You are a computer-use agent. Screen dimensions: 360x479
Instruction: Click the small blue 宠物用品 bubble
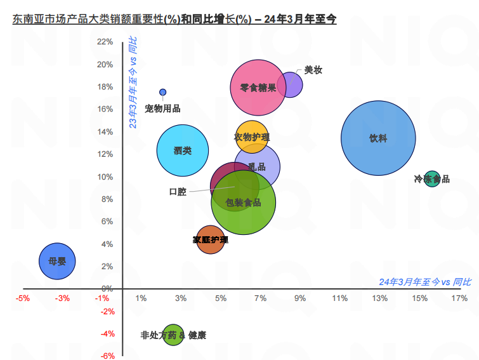(163, 92)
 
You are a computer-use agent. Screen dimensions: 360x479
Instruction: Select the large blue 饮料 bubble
(378, 138)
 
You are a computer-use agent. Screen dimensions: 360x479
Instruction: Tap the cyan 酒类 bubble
(183, 150)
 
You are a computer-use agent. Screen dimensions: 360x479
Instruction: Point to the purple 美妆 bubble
(292, 84)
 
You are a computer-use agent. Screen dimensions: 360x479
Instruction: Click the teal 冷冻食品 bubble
(432, 179)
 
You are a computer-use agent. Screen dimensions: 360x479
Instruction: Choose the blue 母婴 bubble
(57, 261)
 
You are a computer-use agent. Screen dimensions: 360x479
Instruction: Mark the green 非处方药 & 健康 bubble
(173, 335)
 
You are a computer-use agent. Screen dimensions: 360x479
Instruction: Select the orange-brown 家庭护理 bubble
(210, 240)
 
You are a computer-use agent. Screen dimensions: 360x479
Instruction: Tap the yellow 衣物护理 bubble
(252, 137)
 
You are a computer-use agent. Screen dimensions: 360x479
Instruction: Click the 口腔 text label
(178, 192)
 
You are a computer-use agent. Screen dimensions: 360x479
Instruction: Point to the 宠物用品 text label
(162, 109)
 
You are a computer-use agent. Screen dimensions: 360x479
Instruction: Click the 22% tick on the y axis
(105, 42)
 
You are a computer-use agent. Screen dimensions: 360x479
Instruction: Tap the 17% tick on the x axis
(459, 298)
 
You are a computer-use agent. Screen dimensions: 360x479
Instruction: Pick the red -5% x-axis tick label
(23, 298)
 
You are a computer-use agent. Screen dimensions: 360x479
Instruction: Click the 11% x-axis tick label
(339, 298)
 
